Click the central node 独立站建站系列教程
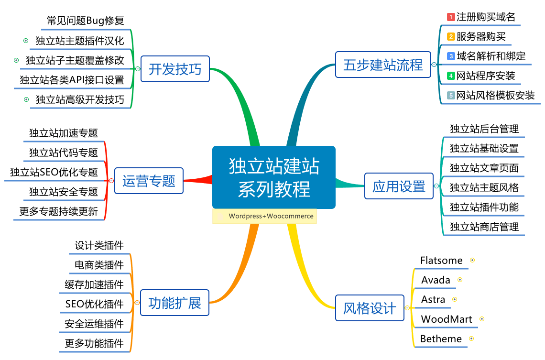273,177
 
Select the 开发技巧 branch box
175,69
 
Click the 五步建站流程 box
383,65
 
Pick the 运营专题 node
149,181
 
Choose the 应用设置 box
399,186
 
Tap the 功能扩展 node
174,303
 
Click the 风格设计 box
370,308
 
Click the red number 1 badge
450,17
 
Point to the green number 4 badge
450,76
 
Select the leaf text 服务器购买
481,37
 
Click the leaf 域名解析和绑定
491,56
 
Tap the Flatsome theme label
441,261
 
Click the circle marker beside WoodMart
482,319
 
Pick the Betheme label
441,339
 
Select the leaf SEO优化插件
94,304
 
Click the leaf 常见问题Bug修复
86,21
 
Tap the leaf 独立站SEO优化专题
54,172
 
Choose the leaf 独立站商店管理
484,227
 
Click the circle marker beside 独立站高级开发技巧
26,99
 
